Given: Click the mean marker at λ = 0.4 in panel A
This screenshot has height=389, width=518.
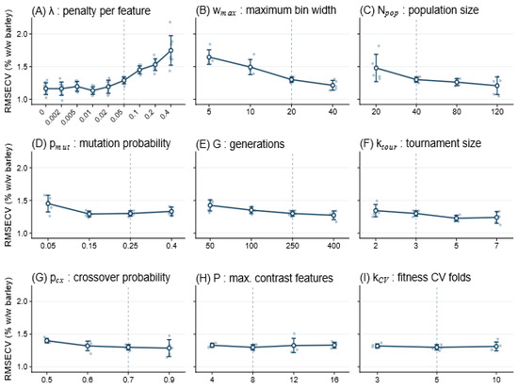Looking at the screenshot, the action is coord(170,50).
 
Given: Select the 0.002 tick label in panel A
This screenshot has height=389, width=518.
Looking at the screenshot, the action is coord(53,118).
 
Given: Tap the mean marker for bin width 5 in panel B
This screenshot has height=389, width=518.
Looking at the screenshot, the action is coord(209,57).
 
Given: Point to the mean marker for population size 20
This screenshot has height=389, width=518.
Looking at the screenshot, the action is coord(376,68).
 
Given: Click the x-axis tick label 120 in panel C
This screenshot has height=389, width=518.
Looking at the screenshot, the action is coord(496,112).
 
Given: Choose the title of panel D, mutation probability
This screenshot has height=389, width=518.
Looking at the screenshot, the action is coord(101,144).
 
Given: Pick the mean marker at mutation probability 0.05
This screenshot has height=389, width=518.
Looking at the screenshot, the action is coord(48,203).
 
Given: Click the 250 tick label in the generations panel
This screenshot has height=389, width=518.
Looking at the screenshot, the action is coord(292,246).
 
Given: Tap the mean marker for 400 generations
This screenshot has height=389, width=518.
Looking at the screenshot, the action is coord(333,216).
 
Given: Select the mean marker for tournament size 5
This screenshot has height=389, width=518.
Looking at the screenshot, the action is coord(456,219).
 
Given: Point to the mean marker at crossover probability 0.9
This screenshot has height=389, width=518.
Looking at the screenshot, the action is coord(170,348).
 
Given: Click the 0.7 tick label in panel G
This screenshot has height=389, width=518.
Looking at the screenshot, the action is coord(128,380).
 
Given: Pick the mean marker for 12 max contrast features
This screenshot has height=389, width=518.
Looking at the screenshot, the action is coord(293,346).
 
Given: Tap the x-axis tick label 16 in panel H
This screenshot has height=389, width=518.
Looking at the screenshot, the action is coord(334,380).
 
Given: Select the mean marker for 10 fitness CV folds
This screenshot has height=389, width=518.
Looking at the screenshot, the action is coord(496,347).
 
